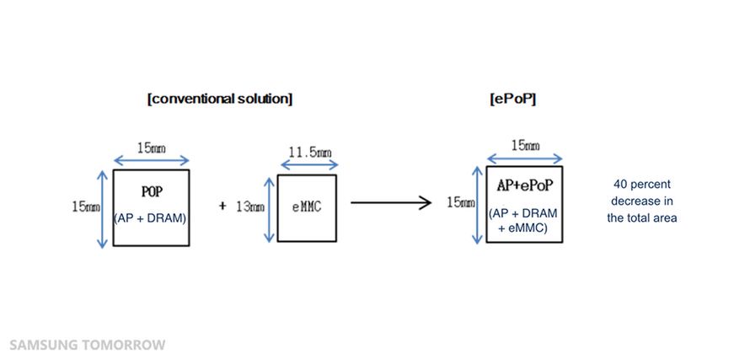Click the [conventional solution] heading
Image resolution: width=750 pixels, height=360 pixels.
click(x=219, y=99)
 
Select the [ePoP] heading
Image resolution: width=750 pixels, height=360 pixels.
click(x=513, y=99)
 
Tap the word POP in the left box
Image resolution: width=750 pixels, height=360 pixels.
click(x=152, y=191)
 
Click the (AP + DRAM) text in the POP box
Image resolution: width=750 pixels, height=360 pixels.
click(x=152, y=218)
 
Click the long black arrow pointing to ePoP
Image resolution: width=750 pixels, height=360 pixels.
click(x=387, y=202)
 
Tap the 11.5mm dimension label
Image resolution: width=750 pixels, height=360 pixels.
click(x=308, y=153)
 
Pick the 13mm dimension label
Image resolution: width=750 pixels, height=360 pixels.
click(x=249, y=205)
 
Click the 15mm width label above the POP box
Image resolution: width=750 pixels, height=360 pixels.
click(x=152, y=148)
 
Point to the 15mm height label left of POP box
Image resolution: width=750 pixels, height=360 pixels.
click(x=85, y=205)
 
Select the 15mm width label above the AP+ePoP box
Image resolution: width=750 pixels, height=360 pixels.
click(x=525, y=145)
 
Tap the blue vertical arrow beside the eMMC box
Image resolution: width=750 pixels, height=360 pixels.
click(x=269, y=208)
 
